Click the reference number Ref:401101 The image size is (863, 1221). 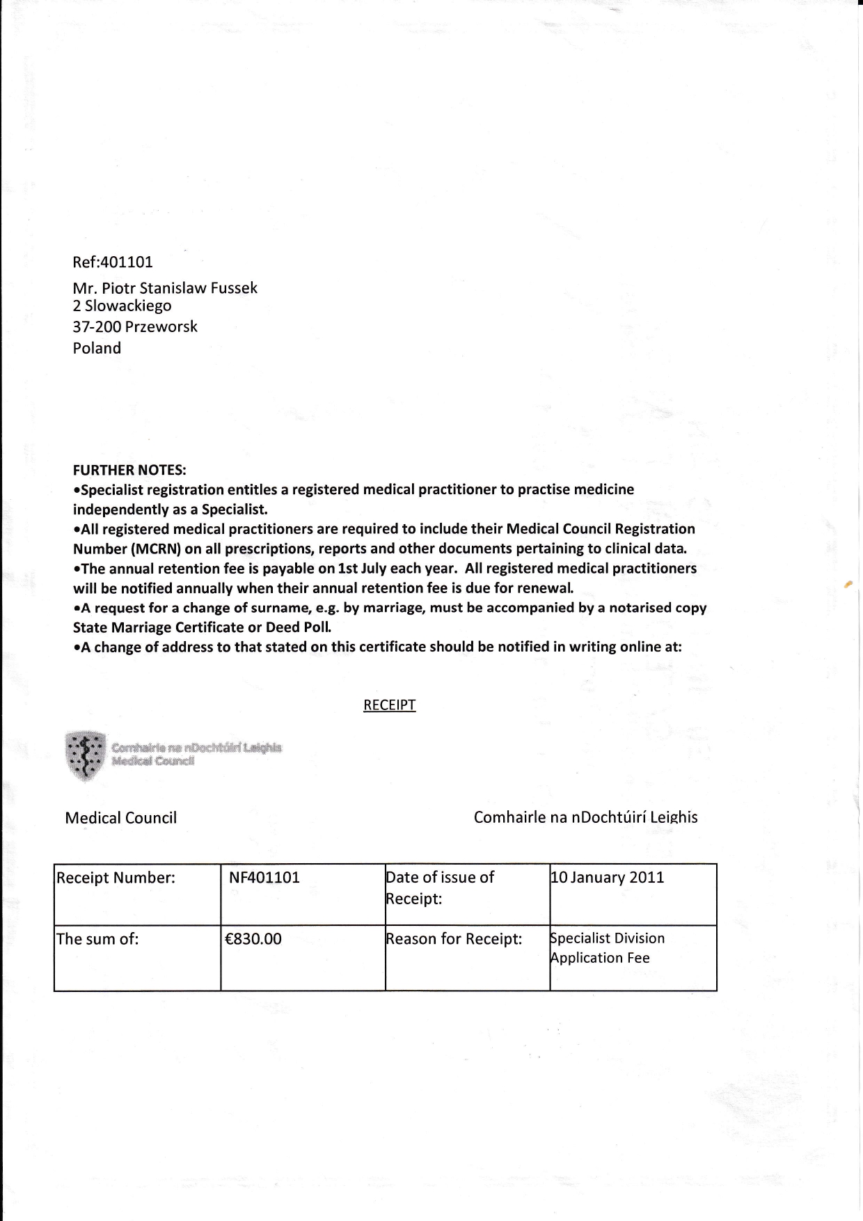pyautogui.click(x=113, y=262)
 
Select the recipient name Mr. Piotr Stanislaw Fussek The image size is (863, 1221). pyautogui.click(x=165, y=288)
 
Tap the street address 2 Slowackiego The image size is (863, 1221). pyautogui.click(x=122, y=306)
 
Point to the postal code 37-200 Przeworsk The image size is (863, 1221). pyautogui.click(x=135, y=327)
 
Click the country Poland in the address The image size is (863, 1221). pyautogui.click(x=97, y=348)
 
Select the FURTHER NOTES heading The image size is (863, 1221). pyautogui.click(x=129, y=470)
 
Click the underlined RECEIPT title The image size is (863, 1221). pyautogui.click(x=389, y=705)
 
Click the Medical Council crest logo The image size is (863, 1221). pyautogui.click(x=85, y=755)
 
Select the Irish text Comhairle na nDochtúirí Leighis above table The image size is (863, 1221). pyautogui.click(x=585, y=817)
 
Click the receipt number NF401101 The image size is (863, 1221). pyautogui.click(x=264, y=878)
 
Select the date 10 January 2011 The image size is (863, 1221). pyautogui.click(x=608, y=877)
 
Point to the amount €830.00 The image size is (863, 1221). pyautogui.click(x=253, y=939)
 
